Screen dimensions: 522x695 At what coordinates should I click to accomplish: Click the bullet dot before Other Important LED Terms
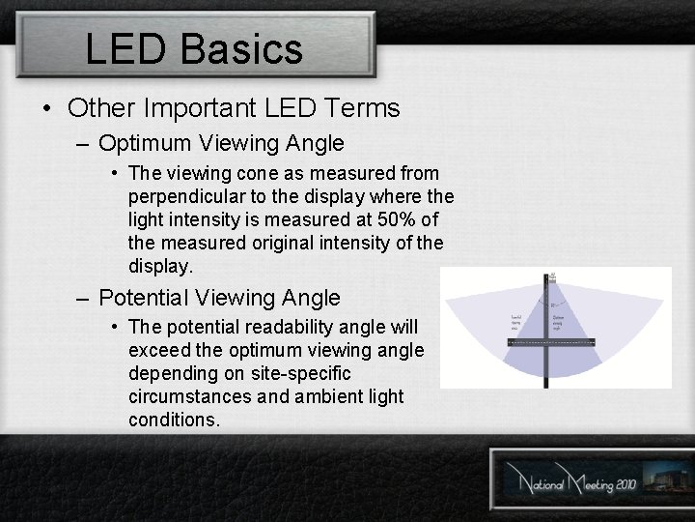[48, 108]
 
